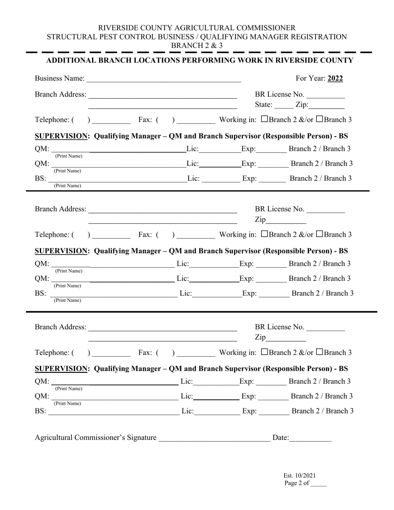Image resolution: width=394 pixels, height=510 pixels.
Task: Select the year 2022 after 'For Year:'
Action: [x=335, y=78]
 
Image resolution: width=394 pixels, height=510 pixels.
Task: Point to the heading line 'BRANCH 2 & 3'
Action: [x=197, y=46]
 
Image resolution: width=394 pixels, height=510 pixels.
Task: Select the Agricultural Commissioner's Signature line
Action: [x=214, y=437]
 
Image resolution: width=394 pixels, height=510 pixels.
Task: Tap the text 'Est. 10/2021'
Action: [x=299, y=476]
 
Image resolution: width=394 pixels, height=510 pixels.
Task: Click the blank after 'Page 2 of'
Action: [x=319, y=483]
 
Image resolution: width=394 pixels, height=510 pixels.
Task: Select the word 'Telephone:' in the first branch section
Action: [x=52, y=120]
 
